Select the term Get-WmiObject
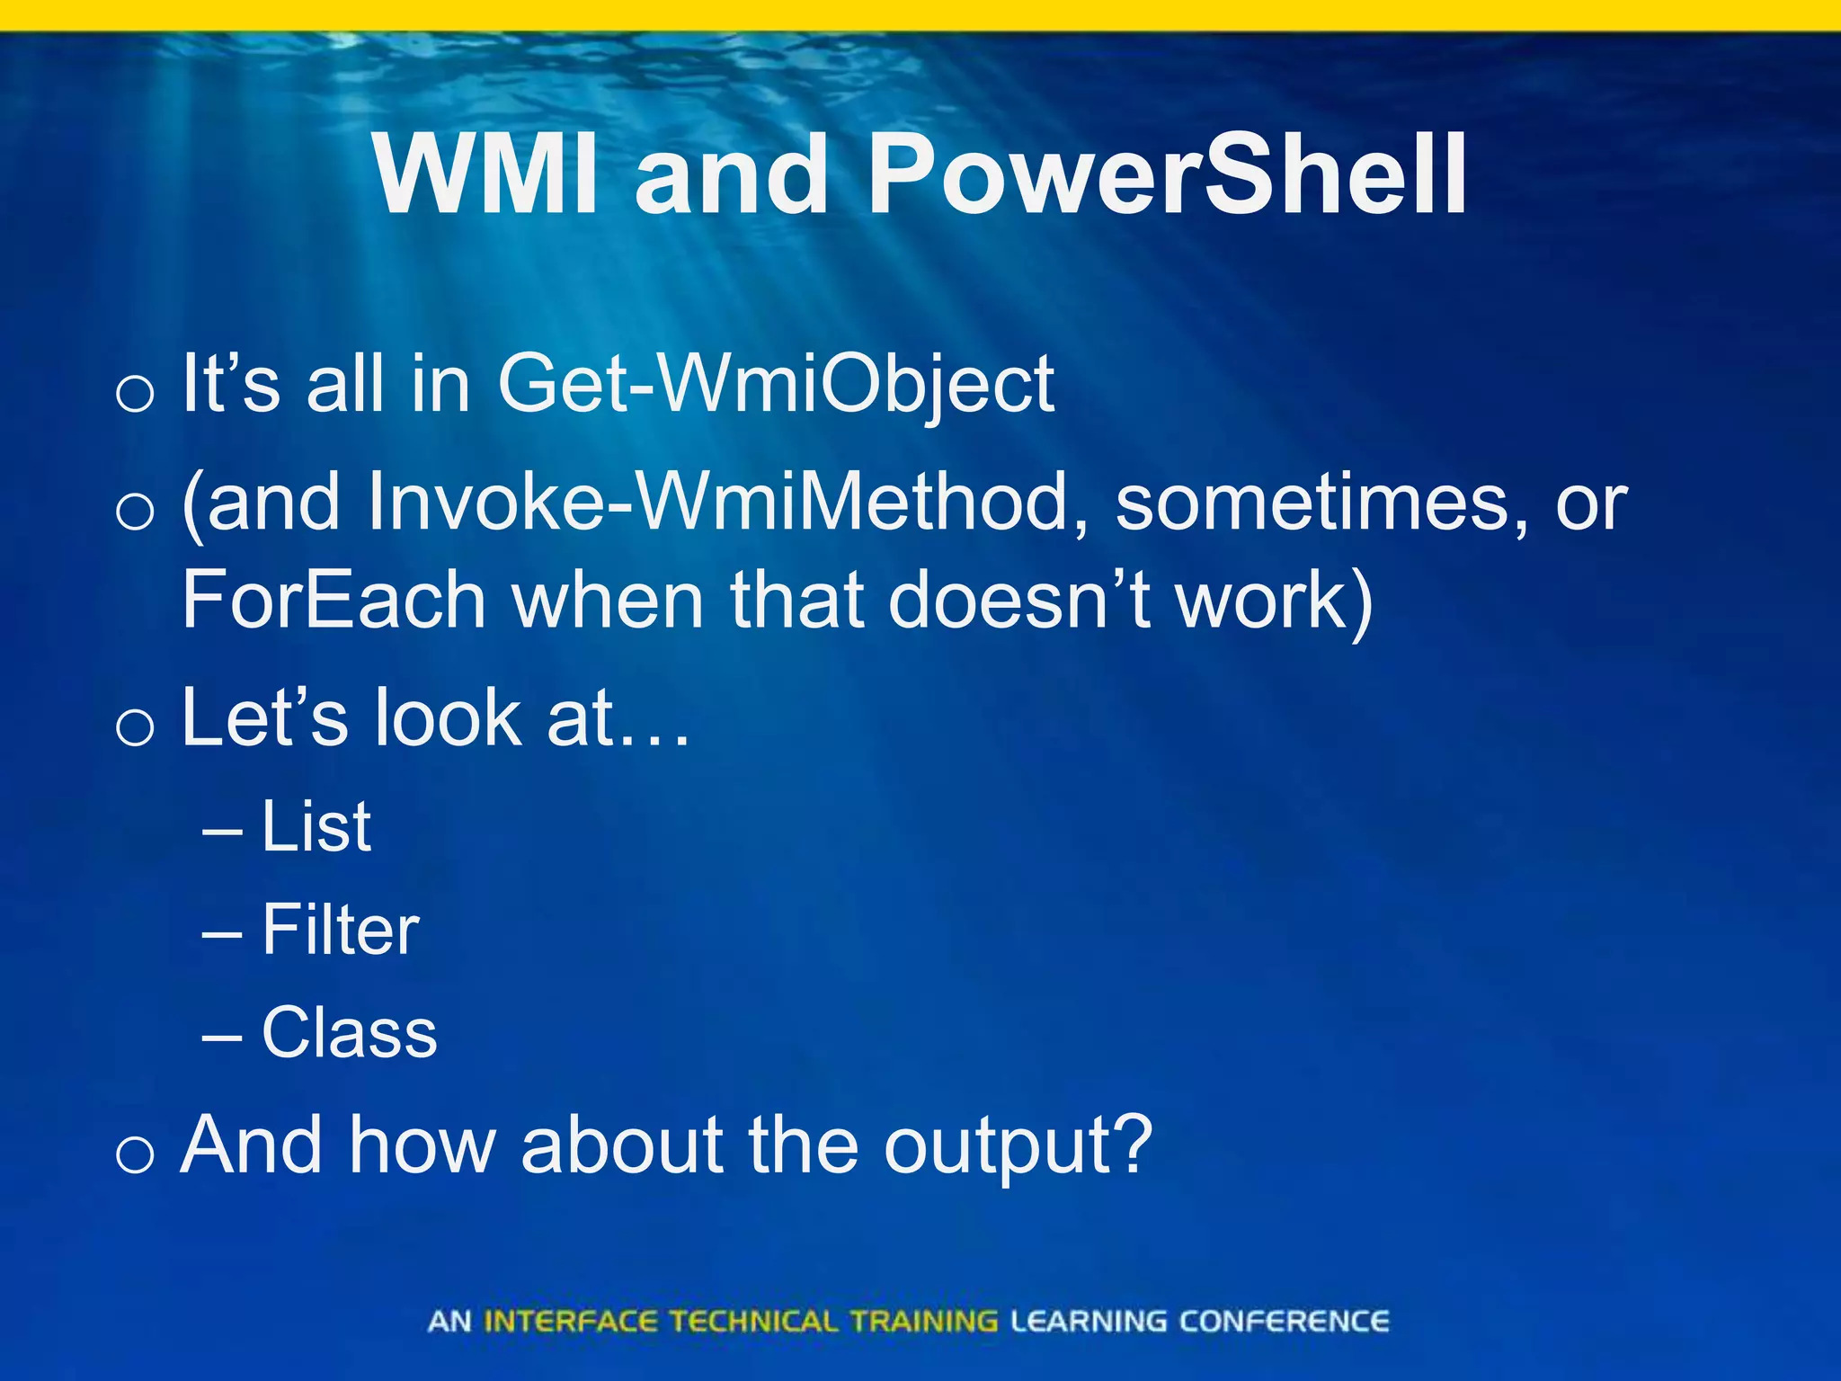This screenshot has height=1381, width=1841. [776, 385]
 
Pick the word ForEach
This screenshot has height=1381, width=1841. [334, 601]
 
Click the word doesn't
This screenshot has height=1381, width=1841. [1019, 600]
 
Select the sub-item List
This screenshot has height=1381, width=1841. [316, 826]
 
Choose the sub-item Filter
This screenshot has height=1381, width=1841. [341, 930]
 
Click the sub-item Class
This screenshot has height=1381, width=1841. [350, 1032]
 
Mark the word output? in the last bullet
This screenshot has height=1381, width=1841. [1018, 1147]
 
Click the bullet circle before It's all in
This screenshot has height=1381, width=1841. [135, 394]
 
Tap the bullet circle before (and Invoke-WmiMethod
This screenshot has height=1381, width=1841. [135, 512]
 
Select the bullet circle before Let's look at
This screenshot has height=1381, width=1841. [135, 727]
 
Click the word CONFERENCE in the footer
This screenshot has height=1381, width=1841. [1284, 1321]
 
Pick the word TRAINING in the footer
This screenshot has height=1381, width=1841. [923, 1321]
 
